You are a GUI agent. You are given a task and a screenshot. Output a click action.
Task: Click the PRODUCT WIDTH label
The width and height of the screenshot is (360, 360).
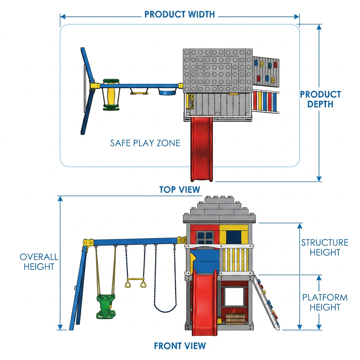tap(180, 14)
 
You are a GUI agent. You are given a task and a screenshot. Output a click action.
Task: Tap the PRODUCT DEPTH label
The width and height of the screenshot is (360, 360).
tap(320, 99)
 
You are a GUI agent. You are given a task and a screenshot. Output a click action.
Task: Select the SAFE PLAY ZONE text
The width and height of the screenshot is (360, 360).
tap(145, 143)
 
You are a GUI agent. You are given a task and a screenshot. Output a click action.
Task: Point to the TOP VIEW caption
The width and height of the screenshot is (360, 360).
tap(180, 189)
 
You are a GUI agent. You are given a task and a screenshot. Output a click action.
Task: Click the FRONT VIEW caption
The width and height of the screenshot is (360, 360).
tap(180, 346)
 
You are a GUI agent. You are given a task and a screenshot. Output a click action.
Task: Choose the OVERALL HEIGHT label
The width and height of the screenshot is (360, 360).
tap(39, 262)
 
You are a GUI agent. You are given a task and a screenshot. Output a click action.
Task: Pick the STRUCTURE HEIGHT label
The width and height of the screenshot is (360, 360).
tap(324, 247)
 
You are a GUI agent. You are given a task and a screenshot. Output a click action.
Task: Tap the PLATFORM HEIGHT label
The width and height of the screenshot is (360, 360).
tap(324, 302)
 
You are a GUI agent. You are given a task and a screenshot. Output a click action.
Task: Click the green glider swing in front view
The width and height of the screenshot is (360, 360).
tap(106, 307)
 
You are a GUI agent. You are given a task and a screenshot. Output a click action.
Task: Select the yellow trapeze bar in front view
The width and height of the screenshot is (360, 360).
tap(135, 283)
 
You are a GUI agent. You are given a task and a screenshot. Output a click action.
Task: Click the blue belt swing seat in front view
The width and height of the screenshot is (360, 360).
tap(165, 308)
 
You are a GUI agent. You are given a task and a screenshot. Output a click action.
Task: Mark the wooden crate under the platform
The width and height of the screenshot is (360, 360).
tap(235, 319)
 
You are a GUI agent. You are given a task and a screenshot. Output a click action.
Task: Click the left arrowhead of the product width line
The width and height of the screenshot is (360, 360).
tap(63, 17)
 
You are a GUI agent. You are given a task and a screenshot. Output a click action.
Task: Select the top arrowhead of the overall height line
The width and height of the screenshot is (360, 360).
tap(60, 198)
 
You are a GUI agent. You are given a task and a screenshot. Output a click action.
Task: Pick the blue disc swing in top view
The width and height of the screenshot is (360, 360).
tap(167, 92)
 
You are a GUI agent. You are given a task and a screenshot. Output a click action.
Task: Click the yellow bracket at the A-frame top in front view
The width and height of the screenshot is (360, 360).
tap(88, 243)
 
